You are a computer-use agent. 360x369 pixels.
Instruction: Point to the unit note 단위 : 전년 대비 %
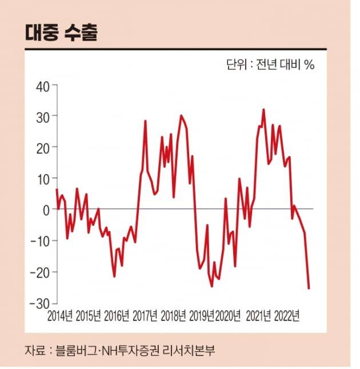point(270,65)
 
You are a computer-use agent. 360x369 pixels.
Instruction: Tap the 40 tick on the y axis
point(43,86)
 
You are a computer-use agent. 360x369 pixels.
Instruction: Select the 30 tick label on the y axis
point(43,116)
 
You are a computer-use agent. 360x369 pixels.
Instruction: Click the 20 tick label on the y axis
point(43,147)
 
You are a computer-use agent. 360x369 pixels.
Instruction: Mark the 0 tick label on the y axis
point(46,209)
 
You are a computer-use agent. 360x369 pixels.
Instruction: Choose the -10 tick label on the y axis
point(41,240)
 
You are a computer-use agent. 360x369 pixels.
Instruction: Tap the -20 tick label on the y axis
point(41,272)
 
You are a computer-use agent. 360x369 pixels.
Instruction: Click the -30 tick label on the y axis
point(41,303)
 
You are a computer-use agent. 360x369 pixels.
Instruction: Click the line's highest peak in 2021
point(263,109)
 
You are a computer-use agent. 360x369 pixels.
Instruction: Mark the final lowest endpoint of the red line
point(309,288)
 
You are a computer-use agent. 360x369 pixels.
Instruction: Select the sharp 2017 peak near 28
point(145,121)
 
